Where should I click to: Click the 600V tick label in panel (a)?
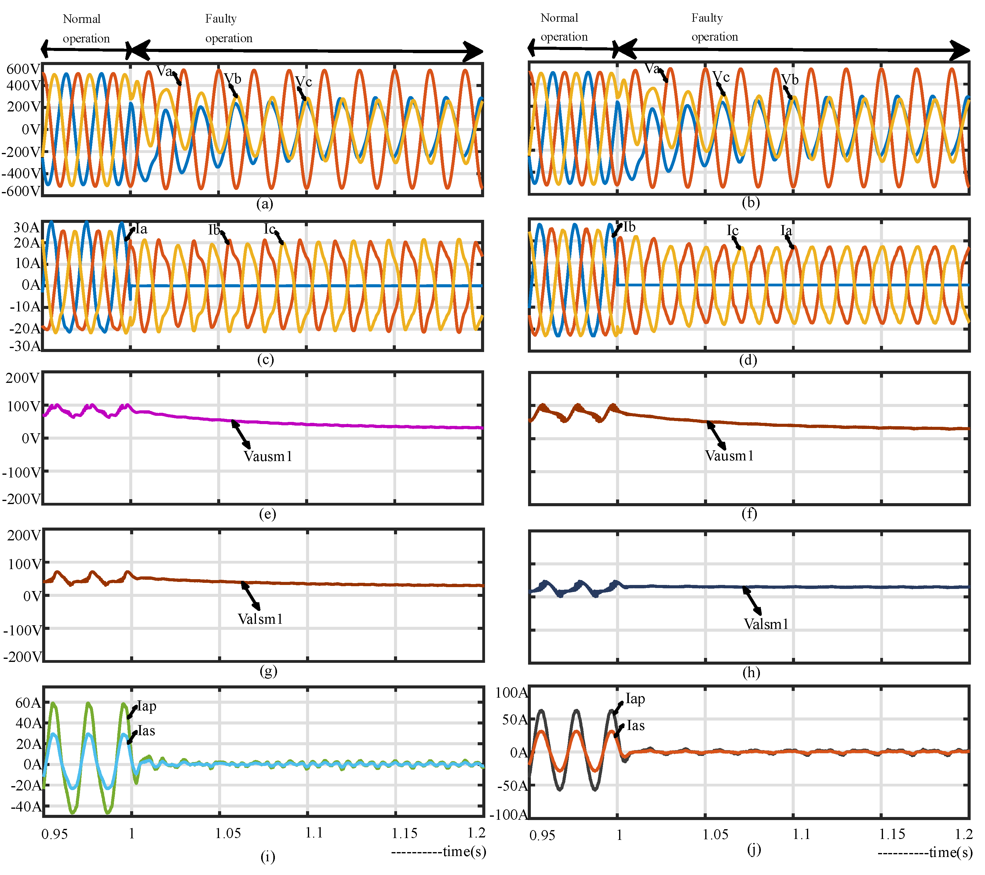click(x=22, y=69)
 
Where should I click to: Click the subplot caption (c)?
click(x=265, y=359)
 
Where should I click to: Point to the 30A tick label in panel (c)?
click(x=26, y=227)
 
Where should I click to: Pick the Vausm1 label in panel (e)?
click(x=268, y=456)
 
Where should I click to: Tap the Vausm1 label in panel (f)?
click(x=729, y=456)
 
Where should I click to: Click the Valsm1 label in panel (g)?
click(x=260, y=619)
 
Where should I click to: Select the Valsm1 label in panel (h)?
click(x=766, y=624)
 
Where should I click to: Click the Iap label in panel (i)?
click(x=147, y=706)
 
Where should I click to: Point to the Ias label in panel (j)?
click(x=636, y=726)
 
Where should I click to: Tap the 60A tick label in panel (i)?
click(x=28, y=703)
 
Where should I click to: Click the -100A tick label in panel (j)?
click(x=509, y=815)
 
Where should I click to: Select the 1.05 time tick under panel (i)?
click(x=228, y=833)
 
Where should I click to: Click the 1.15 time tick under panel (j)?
click(x=892, y=834)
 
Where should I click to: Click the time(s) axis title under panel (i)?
click(x=464, y=851)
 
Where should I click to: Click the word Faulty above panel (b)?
click(x=707, y=18)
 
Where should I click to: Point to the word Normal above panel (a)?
click(x=82, y=19)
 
